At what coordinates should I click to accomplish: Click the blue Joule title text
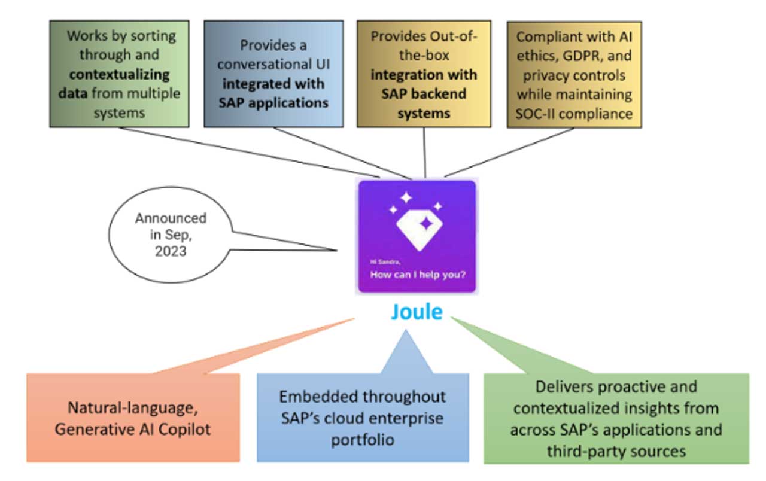point(417,312)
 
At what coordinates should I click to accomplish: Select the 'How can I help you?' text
point(418,275)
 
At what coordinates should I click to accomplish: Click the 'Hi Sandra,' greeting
point(384,261)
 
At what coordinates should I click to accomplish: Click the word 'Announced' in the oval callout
point(170,218)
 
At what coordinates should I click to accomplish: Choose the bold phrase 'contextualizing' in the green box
point(118,75)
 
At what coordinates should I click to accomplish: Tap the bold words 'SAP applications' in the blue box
point(273,102)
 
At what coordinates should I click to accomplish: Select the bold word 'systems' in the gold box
point(424,113)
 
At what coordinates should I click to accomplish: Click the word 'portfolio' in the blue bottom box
point(363,440)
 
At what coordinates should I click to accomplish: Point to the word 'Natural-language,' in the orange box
point(132,410)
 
